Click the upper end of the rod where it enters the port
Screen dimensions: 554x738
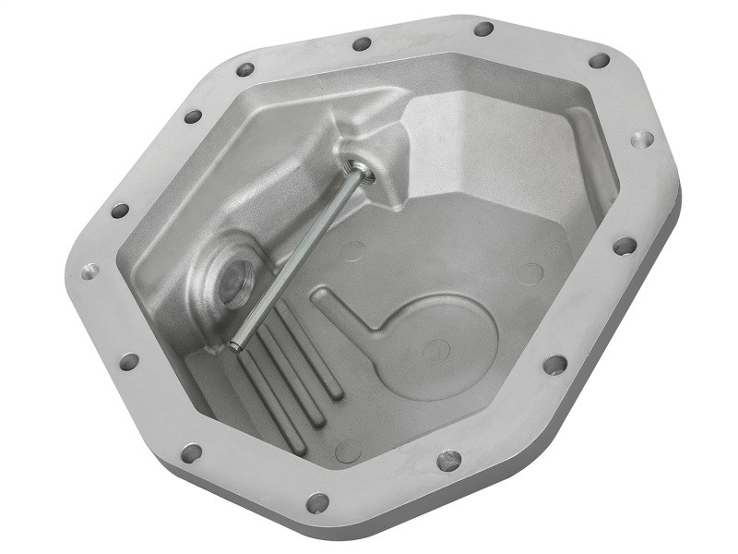click(354, 169)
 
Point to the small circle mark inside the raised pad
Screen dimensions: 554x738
click(436, 349)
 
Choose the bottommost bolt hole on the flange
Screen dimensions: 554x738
click(317, 502)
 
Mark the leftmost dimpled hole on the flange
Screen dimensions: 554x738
click(90, 272)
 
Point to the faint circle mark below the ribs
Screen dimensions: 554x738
click(349, 450)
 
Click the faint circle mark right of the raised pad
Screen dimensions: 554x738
click(530, 273)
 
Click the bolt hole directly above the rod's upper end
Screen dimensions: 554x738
click(362, 43)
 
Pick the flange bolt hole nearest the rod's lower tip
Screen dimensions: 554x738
click(129, 361)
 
